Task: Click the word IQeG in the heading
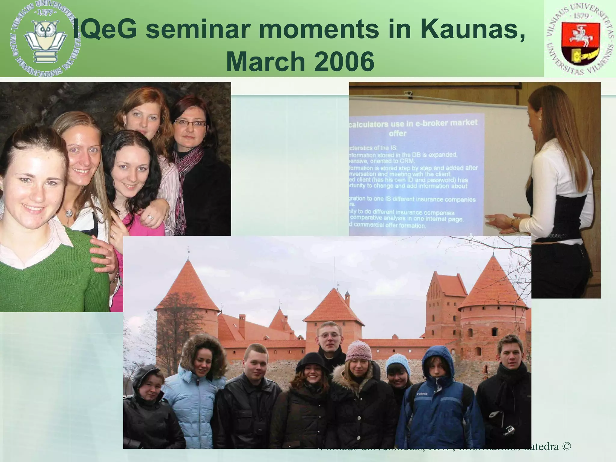(105, 30)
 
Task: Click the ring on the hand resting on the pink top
(150, 217)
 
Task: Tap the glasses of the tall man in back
(330, 336)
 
